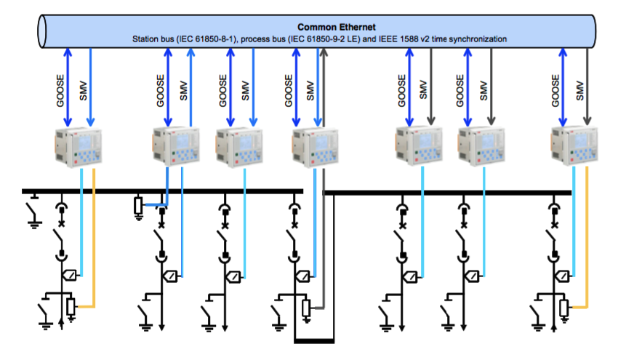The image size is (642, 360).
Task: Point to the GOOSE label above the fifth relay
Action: coord(401,89)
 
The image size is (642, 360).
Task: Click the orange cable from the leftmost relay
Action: coord(95,240)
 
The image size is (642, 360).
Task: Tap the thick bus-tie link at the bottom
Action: coord(314,340)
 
